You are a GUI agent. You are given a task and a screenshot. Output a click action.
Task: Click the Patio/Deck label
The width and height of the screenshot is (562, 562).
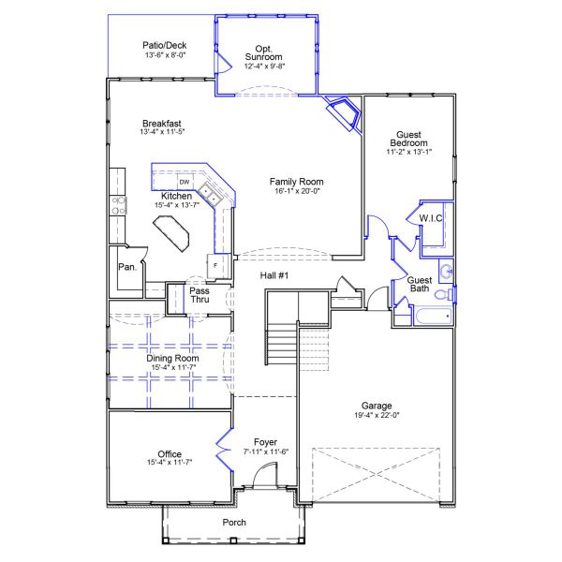click(165, 44)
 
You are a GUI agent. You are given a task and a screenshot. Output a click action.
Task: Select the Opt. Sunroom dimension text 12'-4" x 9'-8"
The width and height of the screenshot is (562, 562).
click(264, 67)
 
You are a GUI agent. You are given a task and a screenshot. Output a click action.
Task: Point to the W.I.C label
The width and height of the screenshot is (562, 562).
click(431, 218)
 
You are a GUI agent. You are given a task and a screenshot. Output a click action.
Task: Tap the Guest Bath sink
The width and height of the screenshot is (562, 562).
click(447, 272)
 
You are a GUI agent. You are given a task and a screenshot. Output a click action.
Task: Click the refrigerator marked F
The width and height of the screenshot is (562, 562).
click(216, 266)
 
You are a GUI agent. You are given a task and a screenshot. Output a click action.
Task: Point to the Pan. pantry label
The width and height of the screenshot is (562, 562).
click(127, 267)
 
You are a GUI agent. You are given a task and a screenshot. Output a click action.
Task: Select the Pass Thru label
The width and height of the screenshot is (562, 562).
click(200, 296)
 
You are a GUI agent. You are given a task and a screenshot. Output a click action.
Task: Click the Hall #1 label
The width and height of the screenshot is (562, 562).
click(274, 274)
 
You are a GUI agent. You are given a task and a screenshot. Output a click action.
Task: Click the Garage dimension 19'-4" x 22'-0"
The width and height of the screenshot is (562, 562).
click(377, 415)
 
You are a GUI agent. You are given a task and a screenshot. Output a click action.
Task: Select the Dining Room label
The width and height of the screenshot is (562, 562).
click(173, 358)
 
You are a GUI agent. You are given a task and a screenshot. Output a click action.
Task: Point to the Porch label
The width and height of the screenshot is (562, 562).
click(234, 522)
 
